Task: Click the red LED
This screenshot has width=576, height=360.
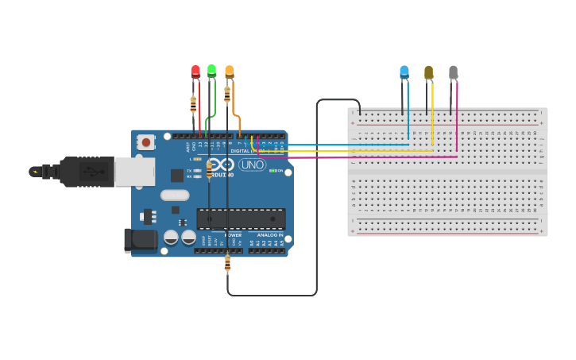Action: tap(195, 72)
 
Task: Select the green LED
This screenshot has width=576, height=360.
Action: tap(211, 71)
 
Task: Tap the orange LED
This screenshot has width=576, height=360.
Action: tap(230, 72)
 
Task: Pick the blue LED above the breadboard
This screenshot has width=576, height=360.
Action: tap(404, 72)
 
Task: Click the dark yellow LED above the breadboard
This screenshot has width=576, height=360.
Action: tap(429, 72)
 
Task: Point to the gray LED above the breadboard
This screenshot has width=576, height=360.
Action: tap(454, 72)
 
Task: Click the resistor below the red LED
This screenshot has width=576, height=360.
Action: tap(193, 103)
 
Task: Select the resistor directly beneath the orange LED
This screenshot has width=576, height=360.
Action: tap(228, 95)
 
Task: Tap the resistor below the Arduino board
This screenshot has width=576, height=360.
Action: tap(228, 263)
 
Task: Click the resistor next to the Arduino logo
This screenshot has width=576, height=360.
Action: tap(209, 169)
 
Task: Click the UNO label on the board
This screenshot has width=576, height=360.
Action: tap(253, 165)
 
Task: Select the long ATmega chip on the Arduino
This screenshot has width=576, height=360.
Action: tap(241, 218)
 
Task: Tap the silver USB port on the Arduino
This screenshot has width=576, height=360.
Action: tap(134, 171)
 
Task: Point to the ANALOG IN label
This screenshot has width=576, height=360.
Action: tap(268, 235)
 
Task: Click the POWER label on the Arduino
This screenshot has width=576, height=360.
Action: tap(234, 235)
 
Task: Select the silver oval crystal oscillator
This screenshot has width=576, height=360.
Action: tap(175, 195)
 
